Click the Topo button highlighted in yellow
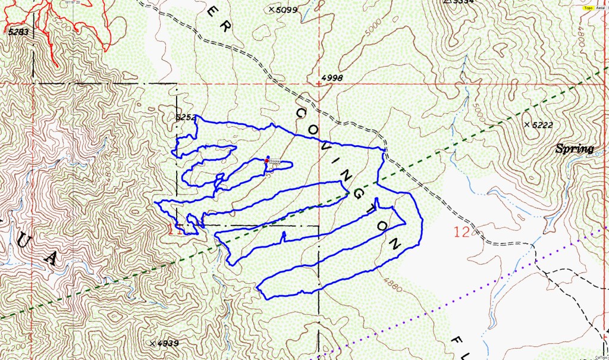[589, 8]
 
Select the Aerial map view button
[601, 8]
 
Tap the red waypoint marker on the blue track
[266, 161]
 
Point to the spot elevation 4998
[332, 78]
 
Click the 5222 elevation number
[540, 124]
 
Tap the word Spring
[575, 149]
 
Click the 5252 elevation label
[186, 118]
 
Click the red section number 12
[462, 232]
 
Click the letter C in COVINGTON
[301, 113]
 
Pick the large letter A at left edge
[51, 257]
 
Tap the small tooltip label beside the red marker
[274, 161]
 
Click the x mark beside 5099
[272, 10]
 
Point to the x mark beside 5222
[527, 124]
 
